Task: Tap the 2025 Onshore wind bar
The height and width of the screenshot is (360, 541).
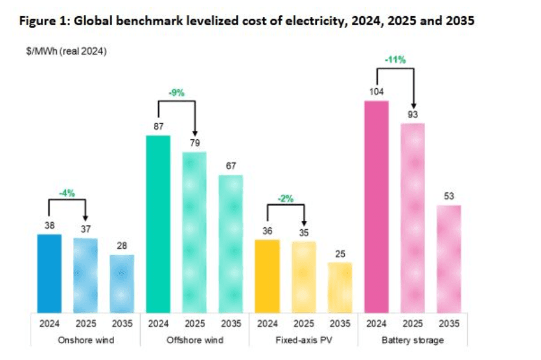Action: [86, 275]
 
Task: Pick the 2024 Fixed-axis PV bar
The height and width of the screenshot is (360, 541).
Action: [268, 275]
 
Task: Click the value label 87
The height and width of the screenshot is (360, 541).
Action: [158, 128]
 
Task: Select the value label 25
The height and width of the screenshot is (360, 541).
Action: [340, 254]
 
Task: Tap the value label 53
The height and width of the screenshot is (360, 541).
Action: [448, 197]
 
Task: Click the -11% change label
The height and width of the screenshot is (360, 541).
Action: [395, 60]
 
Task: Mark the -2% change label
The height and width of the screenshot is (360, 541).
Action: [286, 199]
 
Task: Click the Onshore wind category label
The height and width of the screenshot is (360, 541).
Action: [67, 340]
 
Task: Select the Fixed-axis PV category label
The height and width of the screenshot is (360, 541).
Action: [285, 340]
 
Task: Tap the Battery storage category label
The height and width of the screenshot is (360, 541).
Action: [412, 340]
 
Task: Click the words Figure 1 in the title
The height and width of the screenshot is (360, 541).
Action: [43, 21]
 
